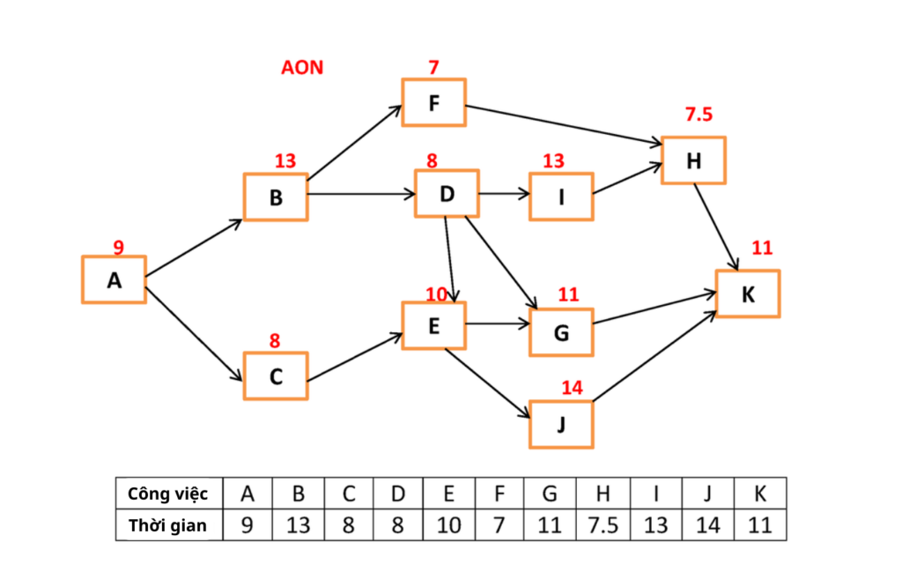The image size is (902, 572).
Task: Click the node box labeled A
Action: point(114,279)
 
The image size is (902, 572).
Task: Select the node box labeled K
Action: point(748,293)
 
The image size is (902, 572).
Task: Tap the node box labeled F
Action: point(433,102)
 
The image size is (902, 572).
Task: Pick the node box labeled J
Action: point(561,424)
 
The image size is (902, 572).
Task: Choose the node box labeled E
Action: point(433,325)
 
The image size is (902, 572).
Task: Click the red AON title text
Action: point(302,68)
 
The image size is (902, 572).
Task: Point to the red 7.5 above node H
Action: point(699,115)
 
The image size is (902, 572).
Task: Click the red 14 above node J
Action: point(572,387)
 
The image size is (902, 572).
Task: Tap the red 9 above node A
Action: point(119,248)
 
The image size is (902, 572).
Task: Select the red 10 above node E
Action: point(437,293)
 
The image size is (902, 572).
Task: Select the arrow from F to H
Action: point(564,124)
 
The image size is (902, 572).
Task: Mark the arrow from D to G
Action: point(500,261)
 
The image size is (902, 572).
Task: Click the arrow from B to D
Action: point(361,193)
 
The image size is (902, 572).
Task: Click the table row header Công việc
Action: point(168,494)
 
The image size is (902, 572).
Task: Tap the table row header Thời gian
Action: point(168,525)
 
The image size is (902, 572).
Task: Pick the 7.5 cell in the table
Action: point(603,525)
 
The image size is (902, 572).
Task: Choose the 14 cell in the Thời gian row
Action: point(707,525)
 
